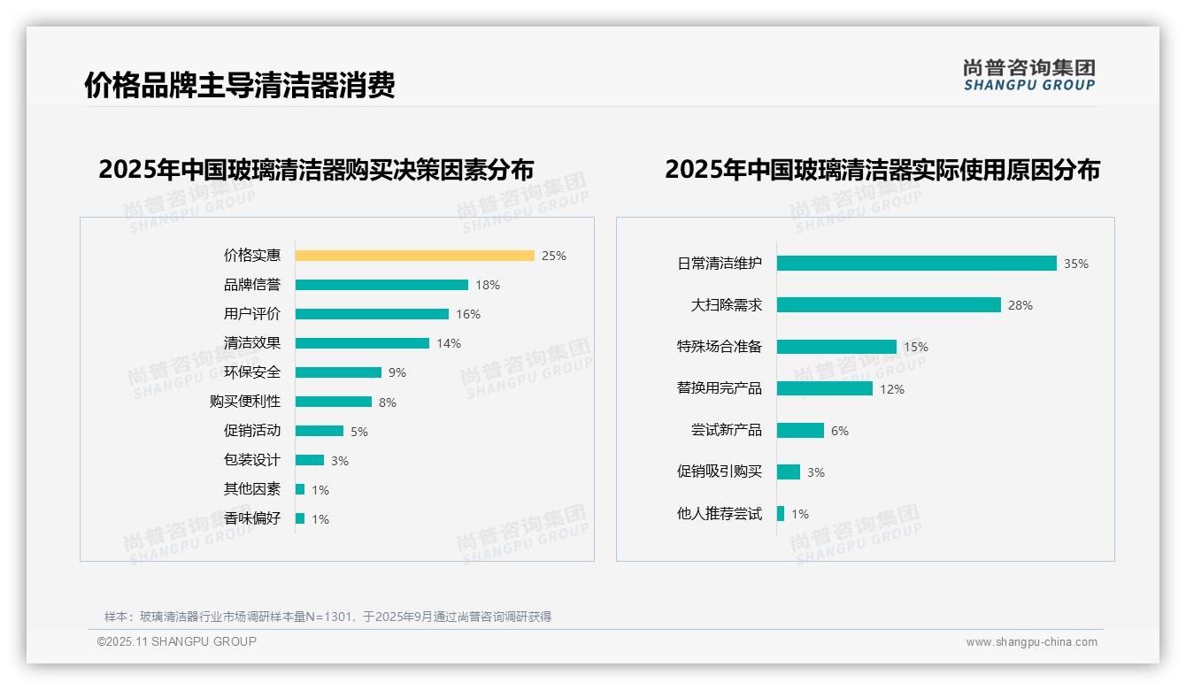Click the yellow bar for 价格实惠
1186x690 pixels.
coord(414,256)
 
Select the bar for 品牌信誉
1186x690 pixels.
coord(381,285)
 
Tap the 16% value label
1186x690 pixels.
coord(468,314)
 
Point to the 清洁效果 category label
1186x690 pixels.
coord(252,343)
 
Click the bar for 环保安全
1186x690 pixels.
coord(338,372)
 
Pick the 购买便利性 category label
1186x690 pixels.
coord(245,402)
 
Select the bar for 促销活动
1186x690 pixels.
coord(320,431)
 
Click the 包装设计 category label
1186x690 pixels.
coord(252,460)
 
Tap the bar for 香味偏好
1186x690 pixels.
coord(300,518)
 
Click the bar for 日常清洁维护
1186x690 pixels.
coord(916,264)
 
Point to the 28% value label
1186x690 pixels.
coord(1020,305)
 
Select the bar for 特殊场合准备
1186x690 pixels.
coord(836,347)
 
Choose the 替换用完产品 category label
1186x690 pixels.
coord(720,388)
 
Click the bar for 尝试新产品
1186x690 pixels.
coord(800,430)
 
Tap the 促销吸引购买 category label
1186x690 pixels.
coord(720,471)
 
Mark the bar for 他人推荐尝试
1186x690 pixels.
coord(781,513)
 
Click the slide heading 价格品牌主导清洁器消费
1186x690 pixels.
coord(240,85)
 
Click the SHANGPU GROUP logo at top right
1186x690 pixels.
coord(1029,75)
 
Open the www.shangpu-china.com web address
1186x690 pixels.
coord(1031,642)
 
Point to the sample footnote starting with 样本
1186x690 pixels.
coord(327,617)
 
